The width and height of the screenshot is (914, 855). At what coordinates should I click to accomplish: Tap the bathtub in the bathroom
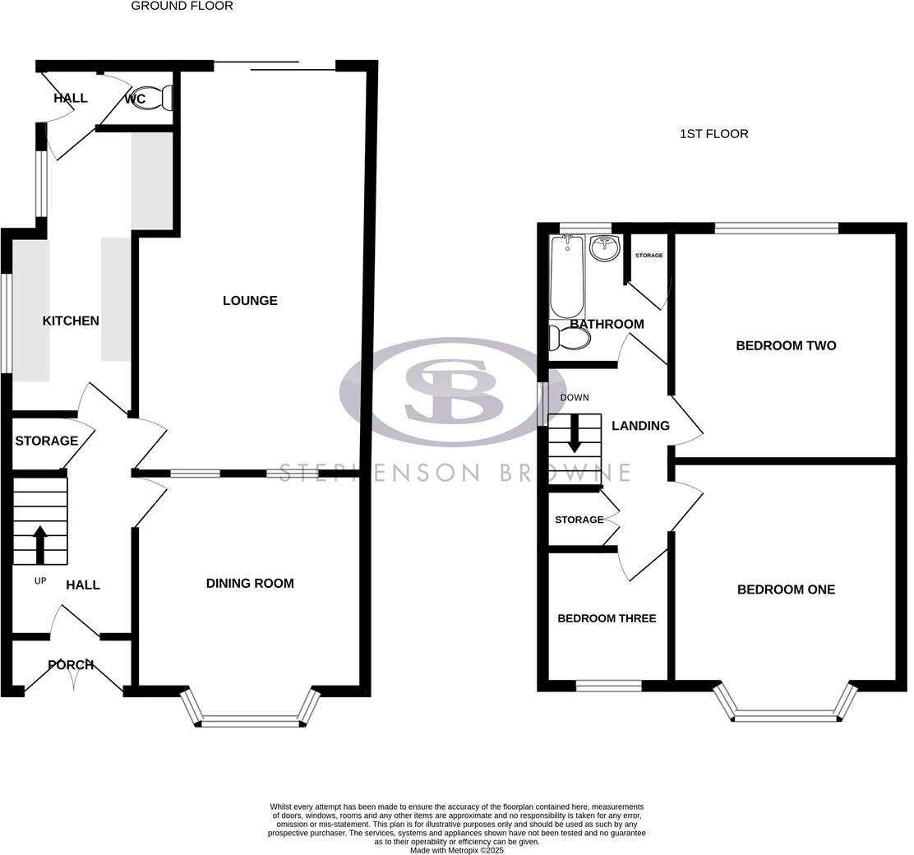click(x=566, y=276)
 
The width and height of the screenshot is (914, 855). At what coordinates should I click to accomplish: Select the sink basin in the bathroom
click(x=604, y=247)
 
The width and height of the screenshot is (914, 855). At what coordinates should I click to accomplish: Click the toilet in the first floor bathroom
click(x=570, y=338)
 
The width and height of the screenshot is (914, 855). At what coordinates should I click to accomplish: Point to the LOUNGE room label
click(x=250, y=301)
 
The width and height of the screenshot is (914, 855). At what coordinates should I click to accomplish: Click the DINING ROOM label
click(x=250, y=584)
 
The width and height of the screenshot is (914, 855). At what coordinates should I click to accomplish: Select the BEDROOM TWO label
click(x=786, y=346)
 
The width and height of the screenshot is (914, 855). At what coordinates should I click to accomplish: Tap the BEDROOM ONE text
click(x=786, y=589)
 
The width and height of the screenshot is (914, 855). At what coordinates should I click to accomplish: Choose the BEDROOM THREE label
click(x=607, y=618)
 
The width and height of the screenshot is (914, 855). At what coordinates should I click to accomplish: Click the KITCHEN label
click(x=71, y=321)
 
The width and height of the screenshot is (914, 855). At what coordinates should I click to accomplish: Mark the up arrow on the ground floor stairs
click(x=39, y=543)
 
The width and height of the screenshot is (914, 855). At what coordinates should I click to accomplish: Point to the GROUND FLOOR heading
click(x=182, y=7)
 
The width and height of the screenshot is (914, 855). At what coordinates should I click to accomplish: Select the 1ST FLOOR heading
click(x=713, y=134)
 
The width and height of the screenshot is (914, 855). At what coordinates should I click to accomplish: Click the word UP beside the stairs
click(x=40, y=581)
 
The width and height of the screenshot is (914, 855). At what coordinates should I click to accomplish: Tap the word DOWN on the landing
click(x=575, y=398)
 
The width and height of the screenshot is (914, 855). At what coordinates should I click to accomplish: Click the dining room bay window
click(x=250, y=721)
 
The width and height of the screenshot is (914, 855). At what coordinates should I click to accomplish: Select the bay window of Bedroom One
click(x=786, y=716)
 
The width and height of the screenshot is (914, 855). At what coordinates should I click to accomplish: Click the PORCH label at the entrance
click(x=71, y=665)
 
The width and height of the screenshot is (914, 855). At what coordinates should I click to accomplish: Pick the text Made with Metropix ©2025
click(x=457, y=850)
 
